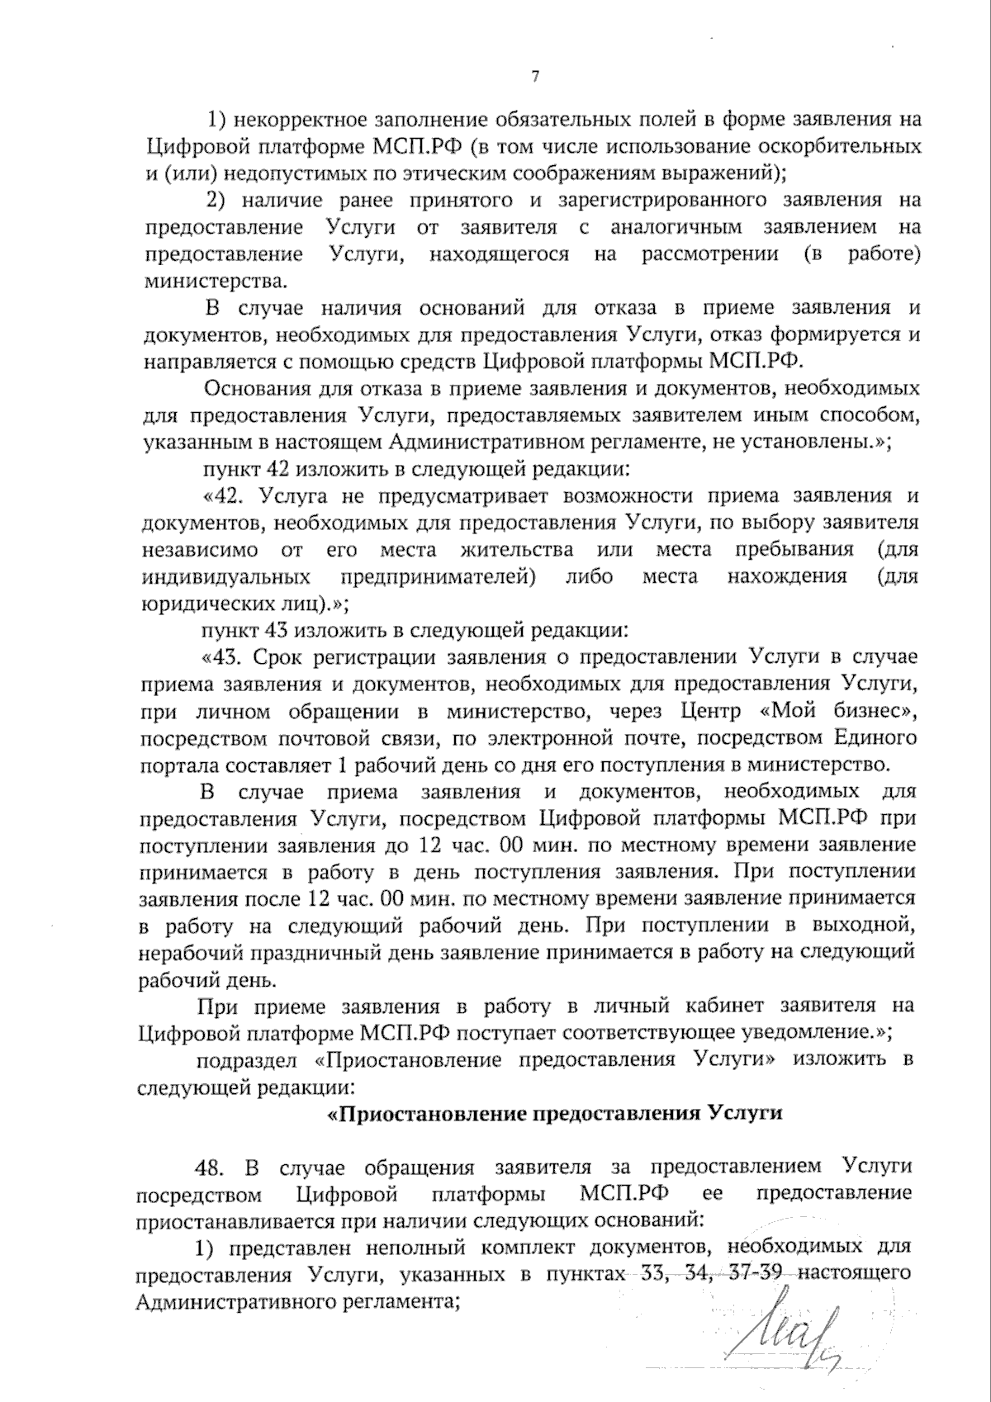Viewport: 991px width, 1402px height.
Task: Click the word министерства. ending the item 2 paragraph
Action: coord(217,281)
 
